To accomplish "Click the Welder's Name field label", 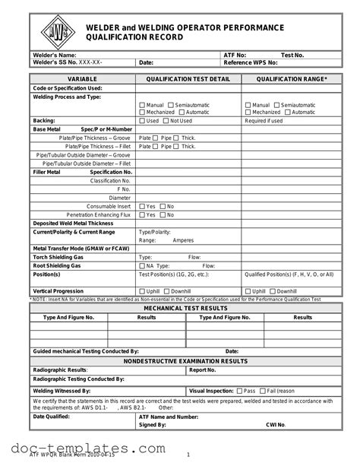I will pos(55,55).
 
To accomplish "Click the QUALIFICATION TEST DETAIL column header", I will pos(188,79).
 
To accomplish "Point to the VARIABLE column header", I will pos(82,79).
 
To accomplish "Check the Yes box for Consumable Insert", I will pos(141,206).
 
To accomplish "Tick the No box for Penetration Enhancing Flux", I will pos(163,214).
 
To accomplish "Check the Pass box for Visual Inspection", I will pos(239,390).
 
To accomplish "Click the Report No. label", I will pos(203,369).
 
